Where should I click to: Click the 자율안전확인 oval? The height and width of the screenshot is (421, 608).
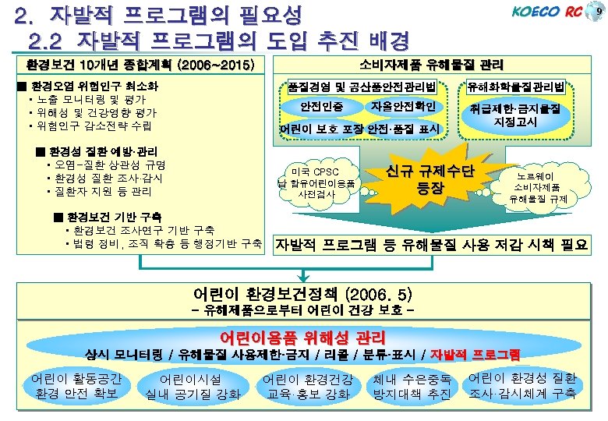click(x=407, y=106)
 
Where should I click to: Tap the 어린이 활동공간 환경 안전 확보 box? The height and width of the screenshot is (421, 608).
click(x=76, y=385)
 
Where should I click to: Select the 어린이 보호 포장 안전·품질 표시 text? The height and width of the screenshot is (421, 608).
click(x=360, y=128)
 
